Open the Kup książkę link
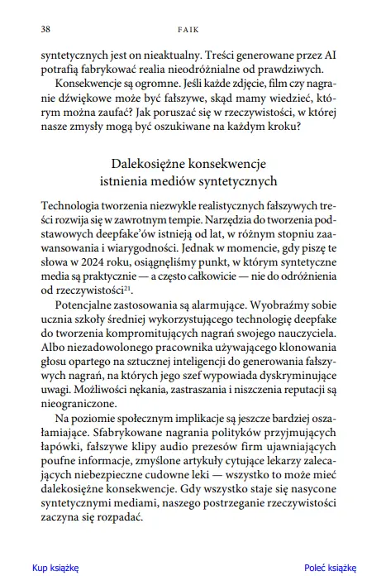[55, 568]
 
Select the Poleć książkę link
[329, 568]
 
